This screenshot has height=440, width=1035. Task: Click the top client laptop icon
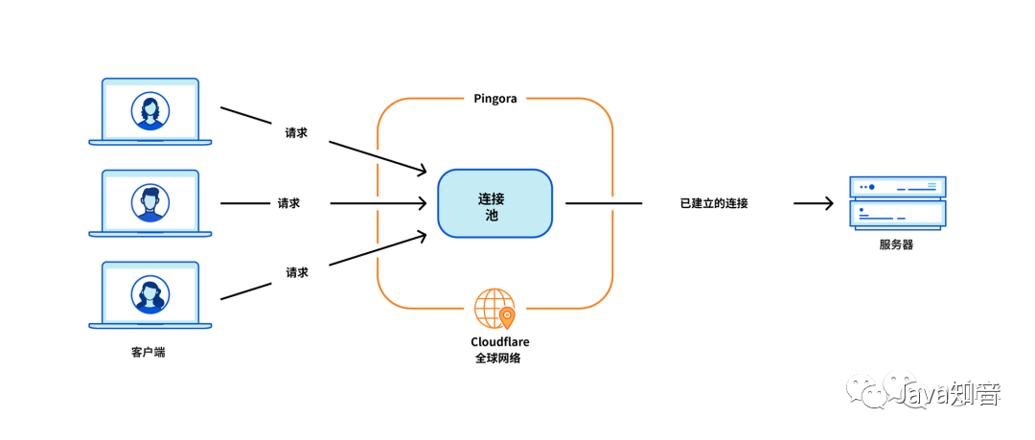point(150,112)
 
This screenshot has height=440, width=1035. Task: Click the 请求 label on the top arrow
point(296,132)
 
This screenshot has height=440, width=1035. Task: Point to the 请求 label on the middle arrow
point(288,203)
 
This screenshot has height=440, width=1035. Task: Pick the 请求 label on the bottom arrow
point(297,272)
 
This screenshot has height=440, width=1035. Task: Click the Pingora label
point(495,98)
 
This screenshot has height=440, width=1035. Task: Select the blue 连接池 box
point(494,203)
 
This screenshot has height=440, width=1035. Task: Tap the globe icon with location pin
point(494,309)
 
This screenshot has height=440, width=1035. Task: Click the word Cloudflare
point(499,341)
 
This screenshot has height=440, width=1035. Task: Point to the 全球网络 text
point(499,359)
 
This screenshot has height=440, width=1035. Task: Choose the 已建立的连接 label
point(714,203)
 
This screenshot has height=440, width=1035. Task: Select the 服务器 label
point(896,244)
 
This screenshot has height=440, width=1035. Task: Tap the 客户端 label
point(148,352)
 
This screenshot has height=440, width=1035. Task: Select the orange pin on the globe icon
point(507,316)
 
